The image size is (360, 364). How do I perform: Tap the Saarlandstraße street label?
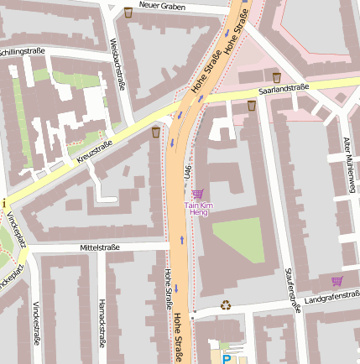pyautogui.click(x=284, y=87)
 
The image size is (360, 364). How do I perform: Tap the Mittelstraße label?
pyautogui.click(x=100, y=247)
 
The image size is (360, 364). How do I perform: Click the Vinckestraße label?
pyautogui.click(x=36, y=324)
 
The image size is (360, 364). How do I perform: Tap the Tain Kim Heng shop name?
pyautogui.click(x=198, y=209)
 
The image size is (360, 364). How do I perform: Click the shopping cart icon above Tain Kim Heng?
pyautogui.click(x=197, y=194)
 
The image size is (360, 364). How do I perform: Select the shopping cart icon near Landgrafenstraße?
pyautogui.click(x=337, y=281)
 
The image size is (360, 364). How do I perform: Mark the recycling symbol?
pyautogui.click(x=225, y=305)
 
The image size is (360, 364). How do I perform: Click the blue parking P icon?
pyautogui.click(x=226, y=358)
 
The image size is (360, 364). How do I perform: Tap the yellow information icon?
pyautogui.click(x=3, y=203)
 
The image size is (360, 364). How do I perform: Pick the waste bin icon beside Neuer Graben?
pyautogui.click(x=128, y=13)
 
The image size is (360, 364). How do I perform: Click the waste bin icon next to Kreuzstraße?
pyautogui.click(x=155, y=132)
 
